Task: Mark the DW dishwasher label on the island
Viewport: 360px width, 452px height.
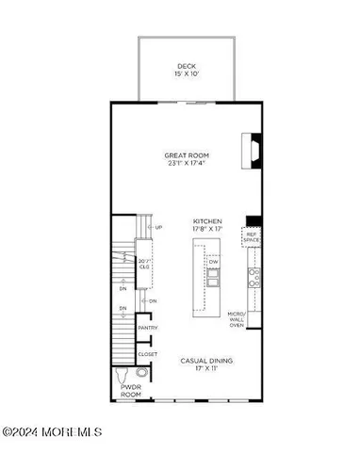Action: point(214,261)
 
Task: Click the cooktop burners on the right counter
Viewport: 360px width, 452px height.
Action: point(253,276)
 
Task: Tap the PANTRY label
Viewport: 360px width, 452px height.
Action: point(148,328)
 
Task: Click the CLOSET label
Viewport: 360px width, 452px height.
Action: point(148,354)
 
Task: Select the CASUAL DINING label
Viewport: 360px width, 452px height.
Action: point(207,361)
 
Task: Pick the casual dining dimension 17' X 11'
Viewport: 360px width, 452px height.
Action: point(207,369)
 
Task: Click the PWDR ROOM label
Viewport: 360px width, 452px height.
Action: point(129,391)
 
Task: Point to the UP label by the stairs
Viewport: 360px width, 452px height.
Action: point(158,227)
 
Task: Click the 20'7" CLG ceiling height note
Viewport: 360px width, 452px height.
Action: point(145,265)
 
